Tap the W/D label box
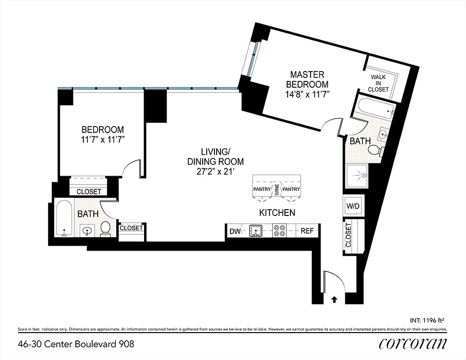pos(352,206)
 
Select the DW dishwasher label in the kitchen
pos(235,231)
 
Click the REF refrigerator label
pos(307,231)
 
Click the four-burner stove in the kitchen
pos(279,231)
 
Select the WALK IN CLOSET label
pos(379,83)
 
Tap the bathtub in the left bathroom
pos(64,218)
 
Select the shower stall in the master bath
pos(357,176)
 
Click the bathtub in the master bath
pos(376,108)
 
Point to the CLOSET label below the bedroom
pos(89,192)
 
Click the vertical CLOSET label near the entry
pos(348,235)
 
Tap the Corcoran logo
pos(413,344)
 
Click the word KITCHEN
pos(277,212)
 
